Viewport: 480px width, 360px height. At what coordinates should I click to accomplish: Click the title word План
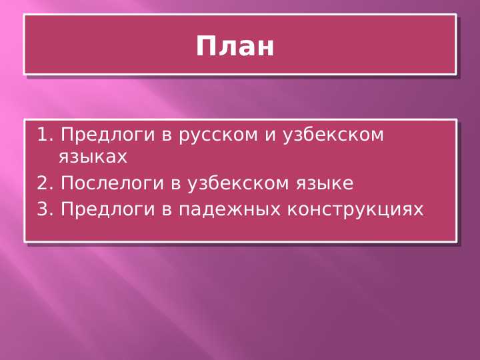pyautogui.click(x=235, y=47)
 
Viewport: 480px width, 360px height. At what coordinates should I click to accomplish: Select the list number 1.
pyautogui.click(x=44, y=135)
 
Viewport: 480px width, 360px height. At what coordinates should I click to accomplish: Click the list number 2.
pyautogui.click(x=44, y=183)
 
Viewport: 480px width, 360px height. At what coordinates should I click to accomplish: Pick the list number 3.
pyautogui.click(x=44, y=210)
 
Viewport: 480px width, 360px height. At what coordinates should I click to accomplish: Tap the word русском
pyautogui.click(x=218, y=136)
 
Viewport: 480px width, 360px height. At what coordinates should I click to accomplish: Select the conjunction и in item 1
pyautogui.click(x=271, y=136)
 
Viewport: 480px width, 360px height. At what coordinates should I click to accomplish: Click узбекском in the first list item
pyautogui.click(x=334, y=136)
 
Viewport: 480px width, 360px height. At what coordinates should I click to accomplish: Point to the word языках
pyautogui.click(x=93, y=158)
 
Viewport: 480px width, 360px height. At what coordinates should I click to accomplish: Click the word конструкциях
pyautogui.click(x=355, y=211)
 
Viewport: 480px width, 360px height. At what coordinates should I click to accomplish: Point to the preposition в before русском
pyautogui.click(x=167, y=136)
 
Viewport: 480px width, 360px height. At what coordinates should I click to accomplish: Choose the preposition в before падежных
pyautogui.click(x=167, y=211)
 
